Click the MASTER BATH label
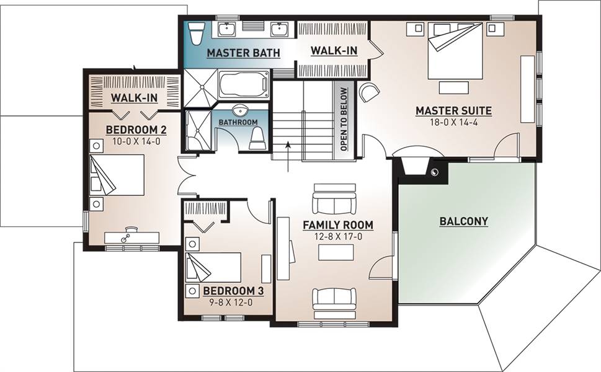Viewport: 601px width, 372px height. point(243,53)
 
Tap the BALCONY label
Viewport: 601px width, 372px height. point(464,221)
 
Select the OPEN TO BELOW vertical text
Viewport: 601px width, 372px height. point(344,119)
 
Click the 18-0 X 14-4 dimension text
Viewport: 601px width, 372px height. point(454,123)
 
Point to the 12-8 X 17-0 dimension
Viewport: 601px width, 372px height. point(339,237)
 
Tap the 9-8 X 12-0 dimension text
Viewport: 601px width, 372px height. point(231,303)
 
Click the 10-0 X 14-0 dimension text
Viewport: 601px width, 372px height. point(136,142)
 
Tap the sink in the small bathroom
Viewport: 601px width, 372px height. point(241,110)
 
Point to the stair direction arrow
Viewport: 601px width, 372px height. point(288,157)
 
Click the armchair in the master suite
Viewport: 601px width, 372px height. point(369,92)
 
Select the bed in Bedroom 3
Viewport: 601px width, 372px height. point(213,267)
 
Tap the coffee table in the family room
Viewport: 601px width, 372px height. point(336,252)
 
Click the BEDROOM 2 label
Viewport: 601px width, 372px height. point(136,130)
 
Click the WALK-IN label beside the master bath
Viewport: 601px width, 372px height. point(334,51)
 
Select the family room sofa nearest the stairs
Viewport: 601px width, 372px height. point(334,199)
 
